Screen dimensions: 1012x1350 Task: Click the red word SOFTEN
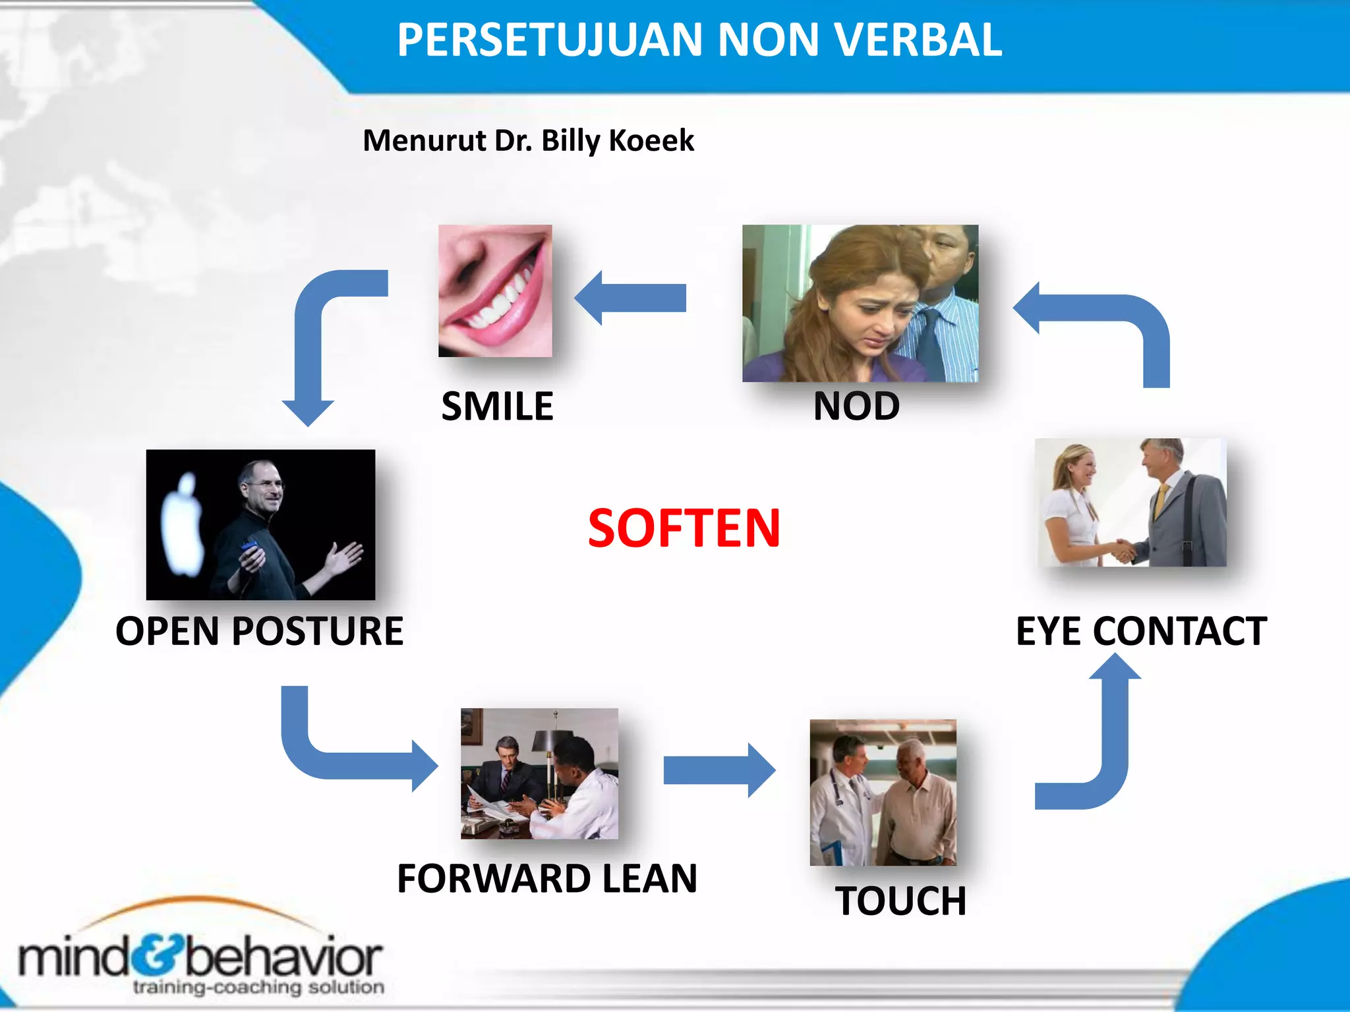pyautogui.click(x=684, y=528)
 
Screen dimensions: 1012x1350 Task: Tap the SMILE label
pyautogui.click(x=497, y=406)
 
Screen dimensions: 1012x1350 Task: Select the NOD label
pyautogui.click(x=856, y=406)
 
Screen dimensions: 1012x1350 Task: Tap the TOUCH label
pyautogui.click(x=900, y=901)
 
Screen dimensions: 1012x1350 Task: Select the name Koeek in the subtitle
pyautogui.click(x=651, y=140)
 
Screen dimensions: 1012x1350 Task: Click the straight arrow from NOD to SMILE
pyautogui.click(x=631, y=298)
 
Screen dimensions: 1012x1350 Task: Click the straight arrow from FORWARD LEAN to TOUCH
pyautogui.click(x=719, y=770)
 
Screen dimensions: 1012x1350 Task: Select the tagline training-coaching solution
pyautogui.click(x=258, y=987)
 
